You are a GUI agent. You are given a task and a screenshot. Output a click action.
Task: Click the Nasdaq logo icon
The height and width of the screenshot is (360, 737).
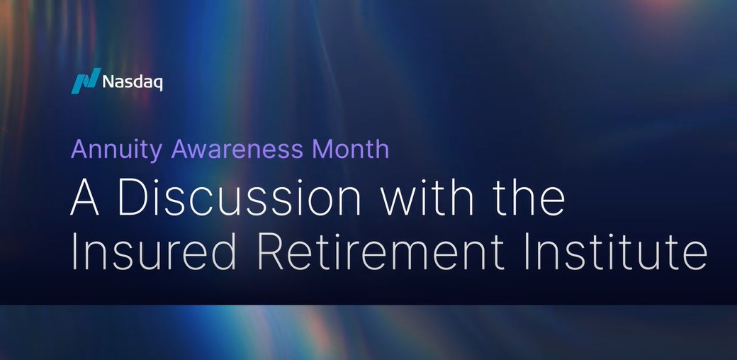tap(84, 82)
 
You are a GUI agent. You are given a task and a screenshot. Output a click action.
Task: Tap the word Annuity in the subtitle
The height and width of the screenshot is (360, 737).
tap(114, 150)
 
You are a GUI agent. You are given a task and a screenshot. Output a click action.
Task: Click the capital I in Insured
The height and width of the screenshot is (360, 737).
tap(75, 253)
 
